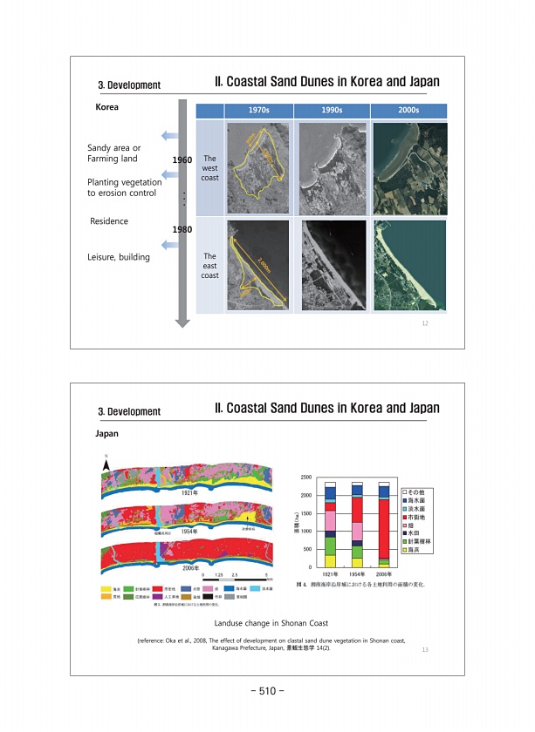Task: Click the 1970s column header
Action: click(258, 111)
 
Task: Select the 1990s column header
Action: click(333, 111)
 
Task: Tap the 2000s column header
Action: click(408, 111)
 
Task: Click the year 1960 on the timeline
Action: click(182, 161)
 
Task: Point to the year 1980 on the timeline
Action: click(182, 229)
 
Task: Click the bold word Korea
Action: click(106, 107)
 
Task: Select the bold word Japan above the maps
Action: click(106, 432)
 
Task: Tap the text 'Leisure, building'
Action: click(119, 257)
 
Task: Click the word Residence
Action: click(109, 221)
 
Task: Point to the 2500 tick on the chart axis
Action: click(306, 478)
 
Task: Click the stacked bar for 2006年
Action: click(383, 524)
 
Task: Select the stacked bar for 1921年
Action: click(330, 524)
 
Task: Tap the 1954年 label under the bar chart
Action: click(357, 574)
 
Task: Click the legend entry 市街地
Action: click(415, 518)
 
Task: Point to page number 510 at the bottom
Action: click(267, 691)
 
